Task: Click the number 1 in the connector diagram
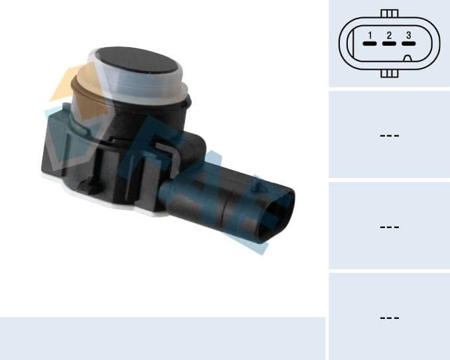[x=370, y=35]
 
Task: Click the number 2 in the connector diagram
[x=389, y=35]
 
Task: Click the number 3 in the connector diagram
[x=408, y=35]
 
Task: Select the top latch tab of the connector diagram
[x=390, y=13]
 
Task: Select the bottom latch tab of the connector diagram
[x=390, y=74]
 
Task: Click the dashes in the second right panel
[x=389, y=135]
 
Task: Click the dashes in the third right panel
[x=389, y=227]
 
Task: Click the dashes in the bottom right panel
[x=389, y=318]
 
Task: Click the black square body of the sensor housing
[x=100, y=156]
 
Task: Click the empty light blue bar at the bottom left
[x=162, y=338]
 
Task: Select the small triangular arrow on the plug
[x=258, y=188]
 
